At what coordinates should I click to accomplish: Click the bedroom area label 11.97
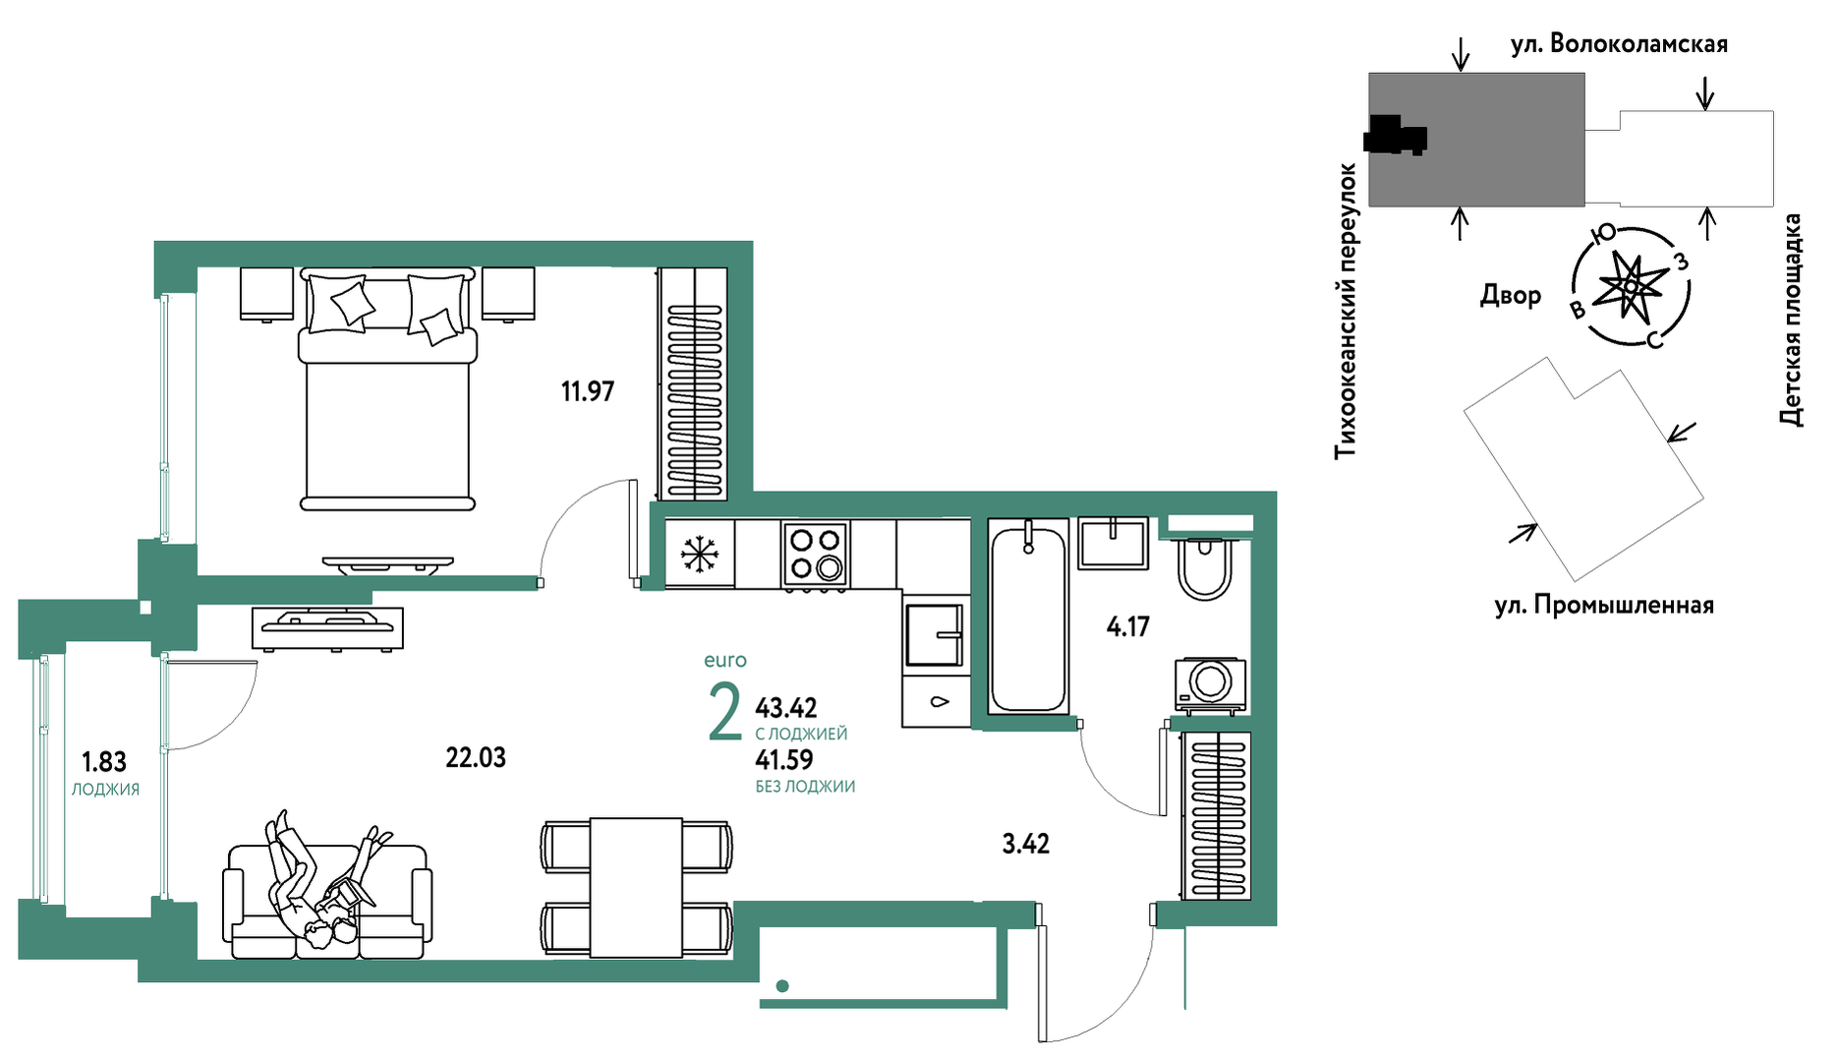[x=587, y=391]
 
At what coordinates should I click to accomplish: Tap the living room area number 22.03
[x=476, y=757]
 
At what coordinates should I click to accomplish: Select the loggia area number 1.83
[x=103, y=762]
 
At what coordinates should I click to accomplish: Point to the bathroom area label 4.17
[x=1127, y=626]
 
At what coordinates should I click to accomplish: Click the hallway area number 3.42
[x=1025, y=844]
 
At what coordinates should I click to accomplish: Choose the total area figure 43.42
[x=785, y=707]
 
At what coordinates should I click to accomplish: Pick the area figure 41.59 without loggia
[x=783, y=759]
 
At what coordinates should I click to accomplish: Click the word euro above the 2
[x=725, y=661]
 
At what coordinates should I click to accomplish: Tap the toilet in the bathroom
[x=1204, y=568]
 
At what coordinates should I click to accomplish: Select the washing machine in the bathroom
[x=1211, y=683]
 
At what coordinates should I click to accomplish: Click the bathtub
[x=1027, y=617]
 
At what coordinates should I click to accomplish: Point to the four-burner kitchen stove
[x=816, y=557]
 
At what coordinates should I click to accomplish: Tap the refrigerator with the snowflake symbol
[x=699, y=554]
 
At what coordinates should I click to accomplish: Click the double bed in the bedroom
[x=387, y=388]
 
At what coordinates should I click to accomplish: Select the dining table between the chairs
[x=636, y=888]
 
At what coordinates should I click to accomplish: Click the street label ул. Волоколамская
[x=1619, y=44]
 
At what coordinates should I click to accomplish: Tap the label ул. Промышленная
[x=1604, y=606]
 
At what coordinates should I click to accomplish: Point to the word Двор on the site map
[x=1511, y=295]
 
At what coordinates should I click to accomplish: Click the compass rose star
[x=1631, y=287]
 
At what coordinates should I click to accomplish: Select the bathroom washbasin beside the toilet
[x=1113, y=544]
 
